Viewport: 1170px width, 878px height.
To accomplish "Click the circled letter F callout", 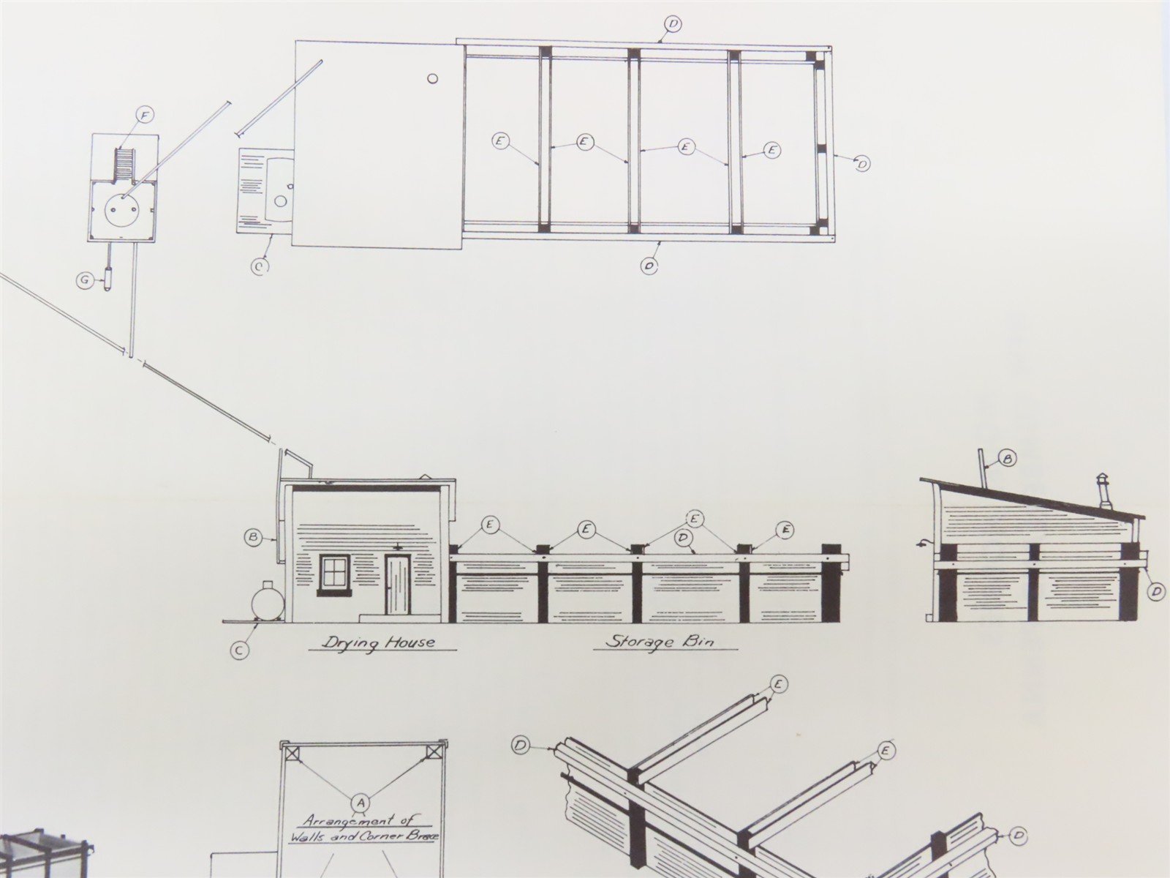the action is pos(143,115).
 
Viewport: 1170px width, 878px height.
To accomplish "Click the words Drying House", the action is pos(377,642).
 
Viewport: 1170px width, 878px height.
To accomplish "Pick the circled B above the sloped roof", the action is pos(1007,459).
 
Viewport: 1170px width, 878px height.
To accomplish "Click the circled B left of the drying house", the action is pos(252,539).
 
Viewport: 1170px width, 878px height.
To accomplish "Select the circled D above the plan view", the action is pos(673,24).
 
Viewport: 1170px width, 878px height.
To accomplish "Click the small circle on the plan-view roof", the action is pos(432,79).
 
